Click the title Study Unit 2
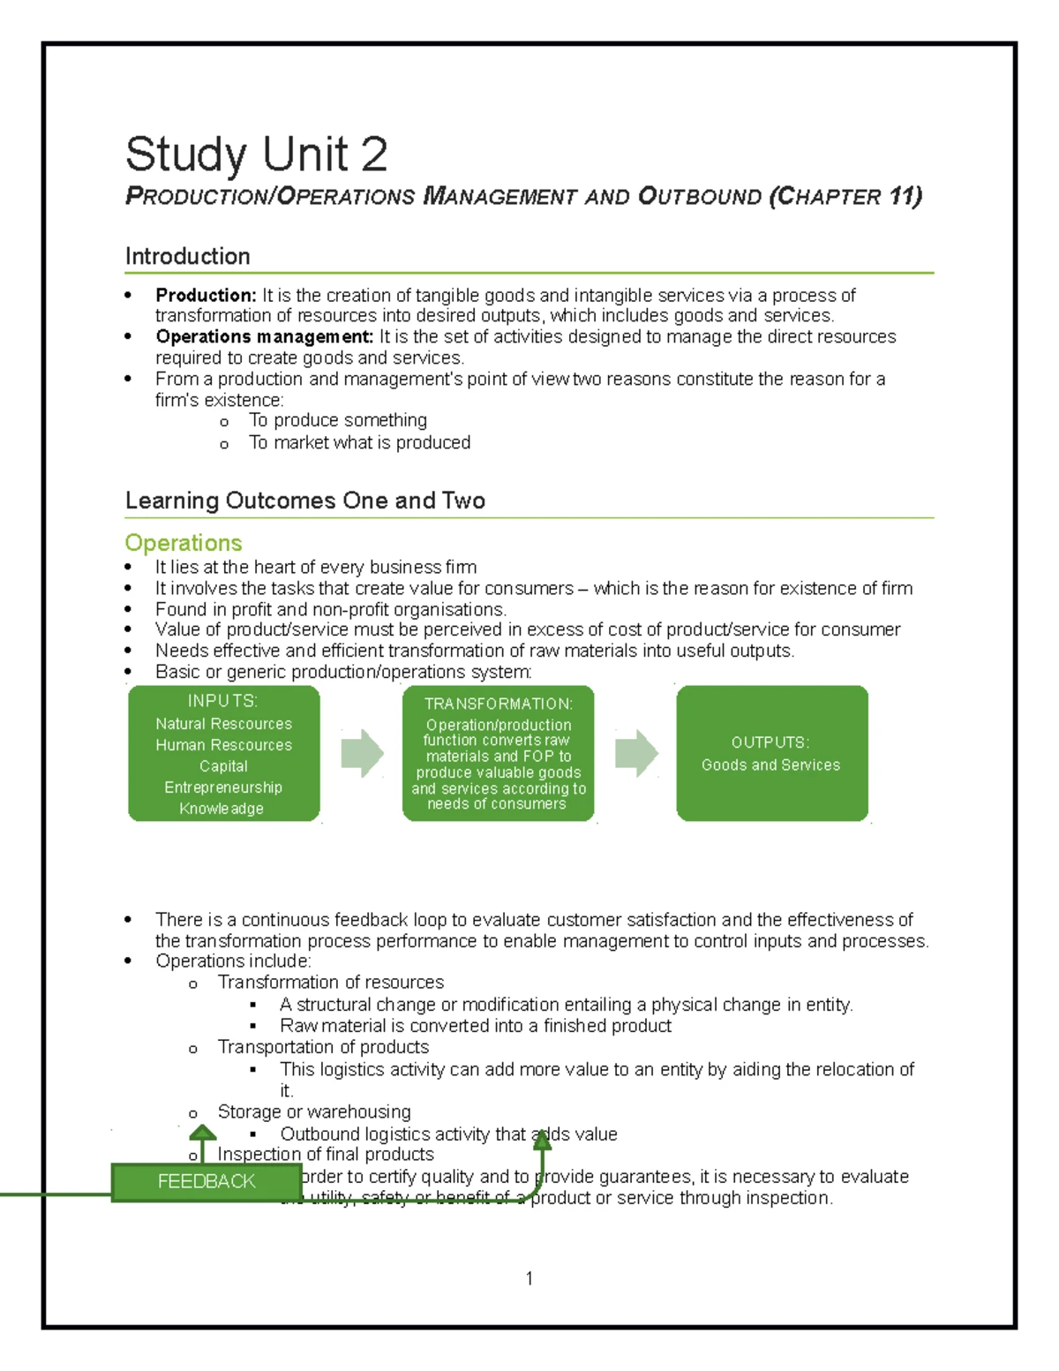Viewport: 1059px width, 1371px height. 256,154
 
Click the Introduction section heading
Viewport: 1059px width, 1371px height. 187,257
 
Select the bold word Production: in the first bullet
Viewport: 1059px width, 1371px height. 206,296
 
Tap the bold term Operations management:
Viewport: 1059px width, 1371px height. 265,337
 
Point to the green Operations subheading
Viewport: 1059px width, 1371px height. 184,543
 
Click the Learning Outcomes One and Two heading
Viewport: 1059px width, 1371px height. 304,501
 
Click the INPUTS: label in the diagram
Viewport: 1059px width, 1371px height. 222,701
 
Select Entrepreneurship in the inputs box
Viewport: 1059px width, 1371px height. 223,787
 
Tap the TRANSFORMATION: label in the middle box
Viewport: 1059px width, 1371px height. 499,704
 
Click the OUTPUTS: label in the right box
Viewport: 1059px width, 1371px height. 770,742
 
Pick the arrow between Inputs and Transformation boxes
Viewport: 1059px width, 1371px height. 362,754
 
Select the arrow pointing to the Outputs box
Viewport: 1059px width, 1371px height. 636,754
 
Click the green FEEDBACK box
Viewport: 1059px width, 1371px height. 207,1182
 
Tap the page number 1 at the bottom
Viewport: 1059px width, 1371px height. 529,1278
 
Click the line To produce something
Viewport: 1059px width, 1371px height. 337,421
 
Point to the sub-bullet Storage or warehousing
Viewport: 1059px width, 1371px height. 314,1112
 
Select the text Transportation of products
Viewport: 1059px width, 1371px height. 323,1048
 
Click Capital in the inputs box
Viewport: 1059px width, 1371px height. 223,766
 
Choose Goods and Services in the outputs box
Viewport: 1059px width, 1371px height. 770,765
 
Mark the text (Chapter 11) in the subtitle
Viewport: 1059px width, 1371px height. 845,196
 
